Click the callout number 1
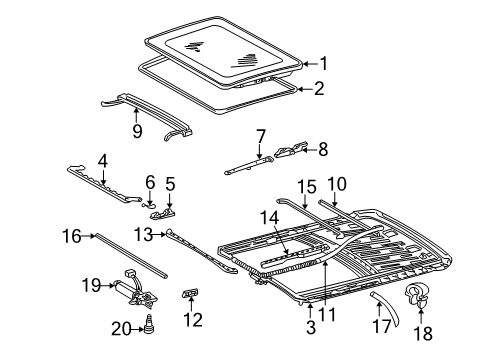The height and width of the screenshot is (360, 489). [x=324, y=64]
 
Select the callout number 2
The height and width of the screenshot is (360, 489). [x=319, y=89]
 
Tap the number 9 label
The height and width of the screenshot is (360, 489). [x=137, y=131]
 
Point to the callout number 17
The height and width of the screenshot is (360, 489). [x=382, y=325]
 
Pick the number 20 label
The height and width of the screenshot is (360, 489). [x=121, y=329]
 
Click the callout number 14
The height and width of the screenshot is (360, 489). [x=269, y=218]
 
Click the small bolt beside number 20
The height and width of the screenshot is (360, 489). [x=149, y=324]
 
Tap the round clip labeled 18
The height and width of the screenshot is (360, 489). [x=417, y=294]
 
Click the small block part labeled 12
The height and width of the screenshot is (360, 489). [x=190, y=292]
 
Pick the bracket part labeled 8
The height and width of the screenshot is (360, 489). [x=291, y=150]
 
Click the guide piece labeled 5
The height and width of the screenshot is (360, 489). [x=164, y=214]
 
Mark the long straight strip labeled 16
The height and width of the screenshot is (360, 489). [x=131, y=255]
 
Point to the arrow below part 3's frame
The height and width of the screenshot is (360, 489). [x=310, y=311]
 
